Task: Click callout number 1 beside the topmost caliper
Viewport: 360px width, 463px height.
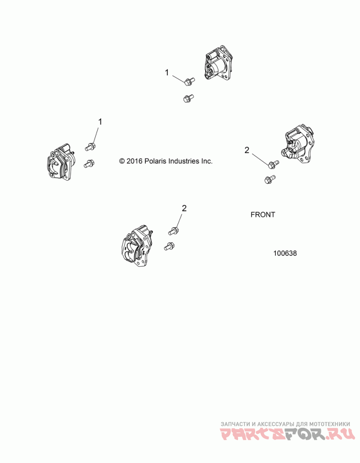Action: (166, 73)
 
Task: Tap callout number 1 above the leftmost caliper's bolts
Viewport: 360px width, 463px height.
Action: (100, 122)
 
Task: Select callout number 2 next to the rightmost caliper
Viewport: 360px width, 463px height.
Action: (247, 150)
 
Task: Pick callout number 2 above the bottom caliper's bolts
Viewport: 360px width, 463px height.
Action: (184, 209)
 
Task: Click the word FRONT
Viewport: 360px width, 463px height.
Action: (263, 215)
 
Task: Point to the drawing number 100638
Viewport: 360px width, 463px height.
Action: (285, 254)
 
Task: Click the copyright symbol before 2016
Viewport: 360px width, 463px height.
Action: (121, 161)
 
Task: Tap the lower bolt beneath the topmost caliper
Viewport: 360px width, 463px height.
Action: (188, 98)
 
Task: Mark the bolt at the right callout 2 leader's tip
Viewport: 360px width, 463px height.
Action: (274, 164)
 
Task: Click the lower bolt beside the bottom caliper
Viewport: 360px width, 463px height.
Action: (169, 246)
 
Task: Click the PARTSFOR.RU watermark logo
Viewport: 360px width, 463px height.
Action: (288, 434)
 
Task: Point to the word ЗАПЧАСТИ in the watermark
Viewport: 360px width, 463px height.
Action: (235, 424)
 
